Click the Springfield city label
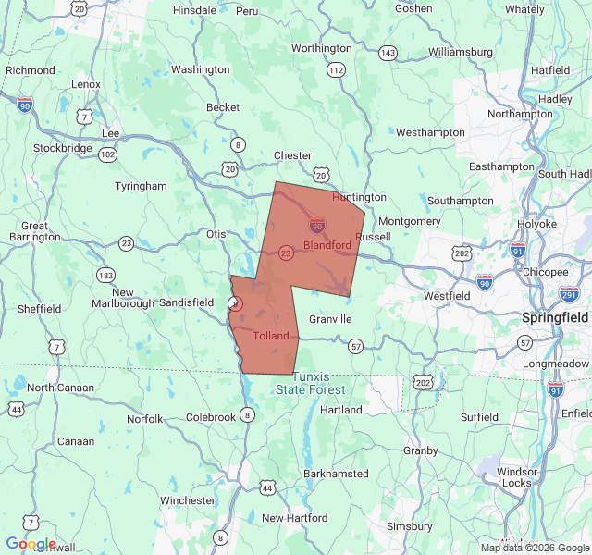555,316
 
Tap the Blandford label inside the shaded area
327,245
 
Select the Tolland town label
271,336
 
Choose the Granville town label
330,319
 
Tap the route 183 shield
105,275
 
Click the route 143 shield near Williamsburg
388,53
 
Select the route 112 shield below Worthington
336,70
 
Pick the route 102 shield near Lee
108,154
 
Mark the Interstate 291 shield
569,294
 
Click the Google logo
31,544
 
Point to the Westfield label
447,296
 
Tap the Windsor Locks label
517,477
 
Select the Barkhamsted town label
336,474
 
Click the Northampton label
520,114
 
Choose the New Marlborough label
121,297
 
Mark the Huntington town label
359,197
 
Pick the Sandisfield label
186,302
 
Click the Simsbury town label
409,526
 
